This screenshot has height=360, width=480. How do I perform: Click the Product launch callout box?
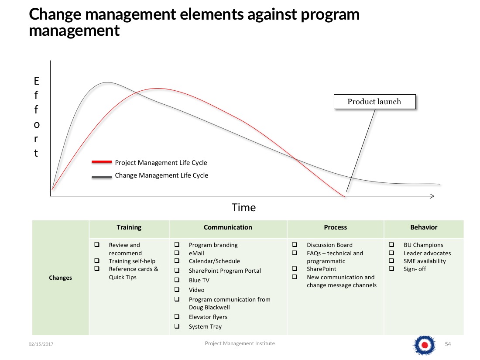(374, 102)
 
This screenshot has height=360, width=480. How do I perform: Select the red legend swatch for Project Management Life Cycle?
(102, 162)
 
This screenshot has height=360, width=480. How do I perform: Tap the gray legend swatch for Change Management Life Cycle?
(102, 177)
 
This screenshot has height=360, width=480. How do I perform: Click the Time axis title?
(243, 208)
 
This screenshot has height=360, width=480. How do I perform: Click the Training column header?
(129, 227)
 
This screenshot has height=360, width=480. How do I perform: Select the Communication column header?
(228, 227)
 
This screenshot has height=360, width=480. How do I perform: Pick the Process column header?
(335, 227)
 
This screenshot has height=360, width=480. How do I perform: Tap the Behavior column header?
(424, 227)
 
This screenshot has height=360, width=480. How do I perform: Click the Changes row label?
(60, 278)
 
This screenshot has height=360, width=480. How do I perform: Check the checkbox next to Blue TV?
(177, 280)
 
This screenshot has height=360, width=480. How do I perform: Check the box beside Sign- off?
(391, 268)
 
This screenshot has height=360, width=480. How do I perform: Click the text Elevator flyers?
(208, 317)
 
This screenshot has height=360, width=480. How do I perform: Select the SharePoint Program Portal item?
(225, 271)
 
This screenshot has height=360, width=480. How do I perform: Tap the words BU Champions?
(423, 245)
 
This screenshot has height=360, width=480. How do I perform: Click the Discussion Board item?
(330, 245)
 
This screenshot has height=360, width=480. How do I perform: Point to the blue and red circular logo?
(424, 345)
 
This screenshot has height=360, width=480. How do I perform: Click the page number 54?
(448, 344)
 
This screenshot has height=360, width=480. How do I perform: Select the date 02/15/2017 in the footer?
(41, 344)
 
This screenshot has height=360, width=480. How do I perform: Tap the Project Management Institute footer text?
(240, 343)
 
